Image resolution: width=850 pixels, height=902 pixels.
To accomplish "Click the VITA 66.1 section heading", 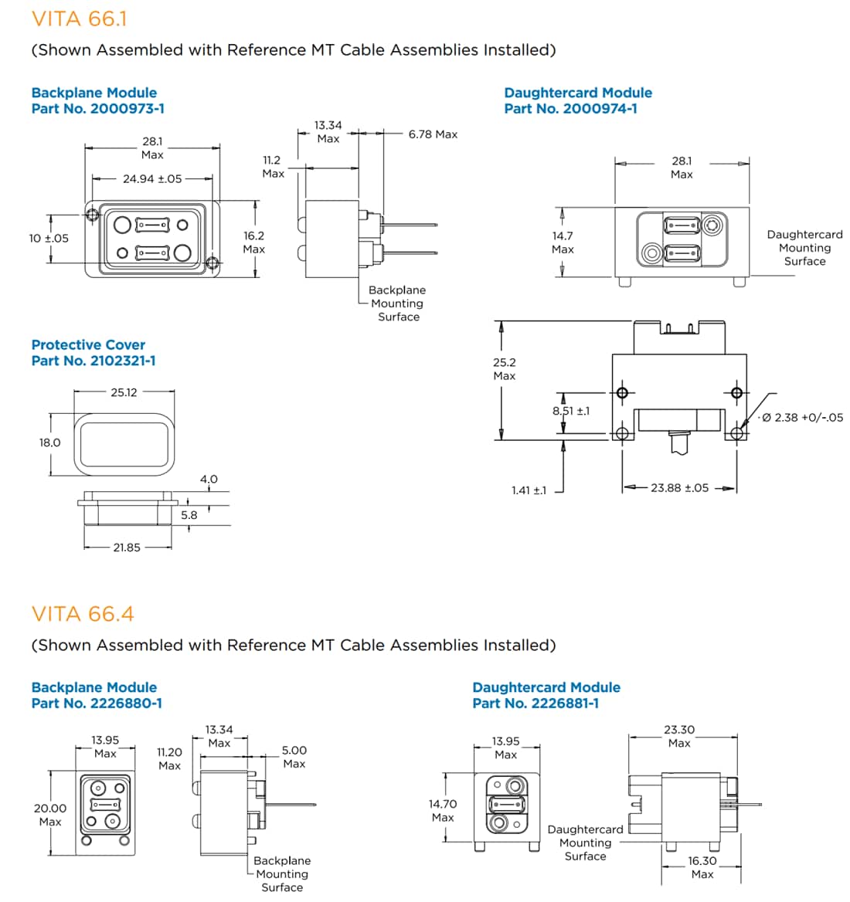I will click(79, 19).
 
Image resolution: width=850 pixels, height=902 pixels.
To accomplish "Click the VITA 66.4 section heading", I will click(83, 614).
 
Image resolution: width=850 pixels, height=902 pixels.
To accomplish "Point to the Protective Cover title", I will click(88, 345).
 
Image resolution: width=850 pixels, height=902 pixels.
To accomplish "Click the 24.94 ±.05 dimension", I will click(152, 179).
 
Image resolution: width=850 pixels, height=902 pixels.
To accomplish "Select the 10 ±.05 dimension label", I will click(49, 239).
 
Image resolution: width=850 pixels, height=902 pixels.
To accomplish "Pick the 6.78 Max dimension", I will click(433, 134).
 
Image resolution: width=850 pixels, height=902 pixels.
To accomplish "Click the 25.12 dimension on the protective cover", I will click(124, 392).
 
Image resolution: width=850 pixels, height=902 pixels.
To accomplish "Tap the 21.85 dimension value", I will click(127, 548).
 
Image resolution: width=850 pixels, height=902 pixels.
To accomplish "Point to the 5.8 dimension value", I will click(189, 515).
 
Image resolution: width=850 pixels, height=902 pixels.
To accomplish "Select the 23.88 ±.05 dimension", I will click(679, 488).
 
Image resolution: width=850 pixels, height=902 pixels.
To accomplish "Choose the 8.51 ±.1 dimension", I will click(571, 411).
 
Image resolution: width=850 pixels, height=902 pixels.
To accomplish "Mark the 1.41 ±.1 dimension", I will click(529, 490).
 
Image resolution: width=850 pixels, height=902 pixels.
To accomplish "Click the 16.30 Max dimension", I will click(702, 867).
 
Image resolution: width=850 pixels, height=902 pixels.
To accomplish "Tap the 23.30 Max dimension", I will click(679, 736).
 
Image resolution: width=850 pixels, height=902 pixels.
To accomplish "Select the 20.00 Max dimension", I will click(50, 815).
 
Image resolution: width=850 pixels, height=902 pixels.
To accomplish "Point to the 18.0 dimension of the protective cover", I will click(49, 443).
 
